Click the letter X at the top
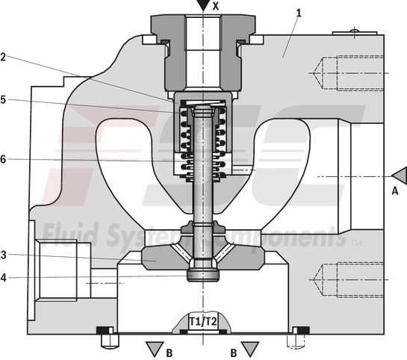[x=216, y=5]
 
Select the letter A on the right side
[x=394, y=190]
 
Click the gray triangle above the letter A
[x=398, y=175]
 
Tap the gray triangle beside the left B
[x=153, y=347]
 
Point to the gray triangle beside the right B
[x=250, y=347]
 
